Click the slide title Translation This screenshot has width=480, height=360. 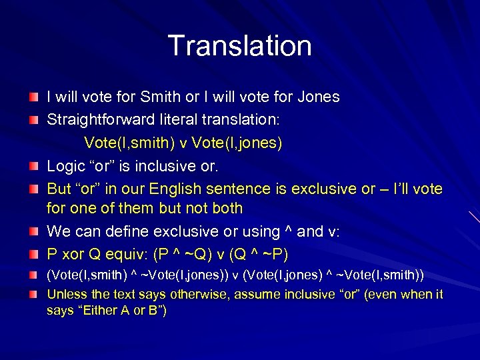tap(239, 45)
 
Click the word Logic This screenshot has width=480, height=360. tap(65, 165)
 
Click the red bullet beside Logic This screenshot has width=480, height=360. tap(34, 166)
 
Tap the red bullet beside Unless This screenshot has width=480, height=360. tap(34, 294)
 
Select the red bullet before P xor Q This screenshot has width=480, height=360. tap(34, 254)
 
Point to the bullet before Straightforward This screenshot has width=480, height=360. tap(34, 121)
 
